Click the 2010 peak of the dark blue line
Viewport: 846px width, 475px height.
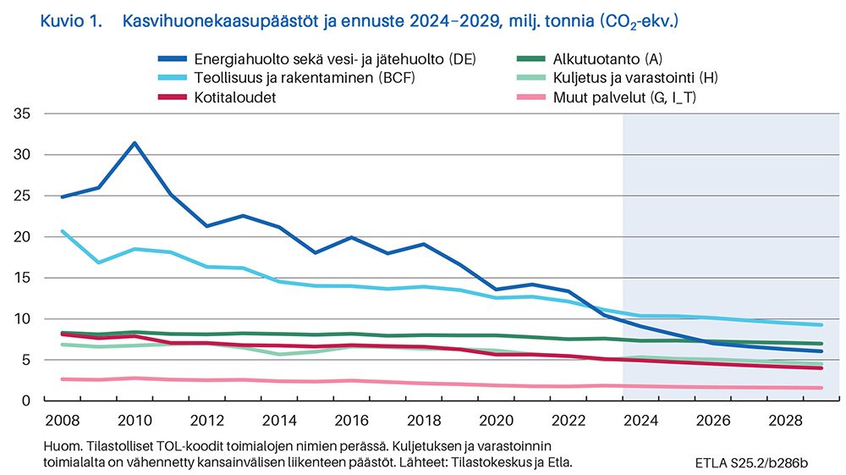point(135,143)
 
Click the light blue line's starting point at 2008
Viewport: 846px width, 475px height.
point(62,230)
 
